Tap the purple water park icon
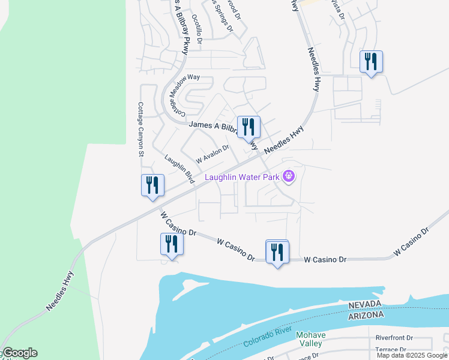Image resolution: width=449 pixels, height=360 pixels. click(289, 176)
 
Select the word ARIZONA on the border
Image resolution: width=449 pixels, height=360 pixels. click(364, 315)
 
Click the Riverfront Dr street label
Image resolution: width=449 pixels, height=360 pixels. click(395, 338)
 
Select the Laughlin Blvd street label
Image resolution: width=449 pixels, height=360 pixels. click(179, 169)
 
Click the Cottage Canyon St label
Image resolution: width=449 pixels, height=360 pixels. click(141, 129)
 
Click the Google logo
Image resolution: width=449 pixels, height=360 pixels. click(19, 353)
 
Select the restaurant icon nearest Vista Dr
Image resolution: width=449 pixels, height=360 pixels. click(371, 62)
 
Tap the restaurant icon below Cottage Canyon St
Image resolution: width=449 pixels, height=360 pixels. click(152, 185)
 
